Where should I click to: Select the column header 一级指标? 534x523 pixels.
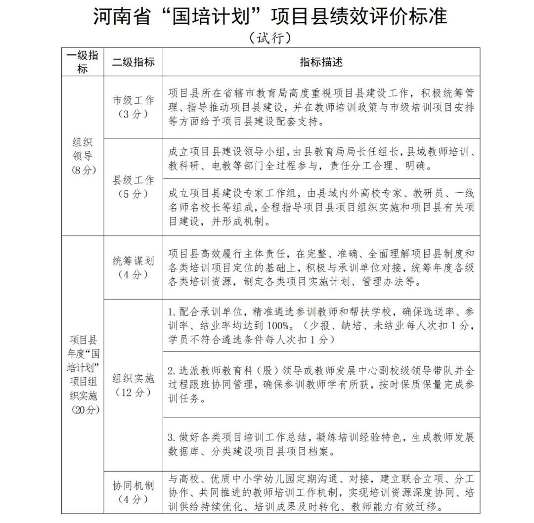tap(83, 62)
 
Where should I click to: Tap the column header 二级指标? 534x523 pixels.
tap(133, 62)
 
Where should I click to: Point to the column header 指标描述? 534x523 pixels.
tap(321, 62)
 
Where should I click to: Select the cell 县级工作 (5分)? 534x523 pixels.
tap(133, 187)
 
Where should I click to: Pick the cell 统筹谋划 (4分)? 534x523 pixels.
tap(133, 267)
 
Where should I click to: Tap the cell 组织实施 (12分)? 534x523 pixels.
tap(133, 385)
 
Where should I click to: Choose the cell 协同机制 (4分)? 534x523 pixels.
tap(133, 492)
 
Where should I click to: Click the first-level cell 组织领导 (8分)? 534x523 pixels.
tap(83, 156)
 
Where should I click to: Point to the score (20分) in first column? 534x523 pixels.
tap(83, 409)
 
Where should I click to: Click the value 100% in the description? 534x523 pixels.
tap(277, 326)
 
